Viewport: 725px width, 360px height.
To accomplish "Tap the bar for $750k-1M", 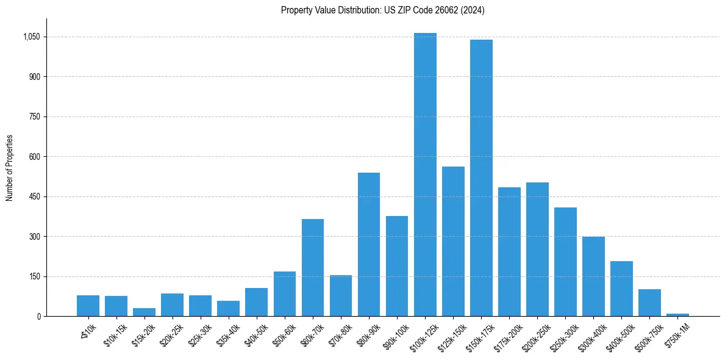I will point(677,314).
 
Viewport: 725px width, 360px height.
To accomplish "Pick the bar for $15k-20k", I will point(144,312).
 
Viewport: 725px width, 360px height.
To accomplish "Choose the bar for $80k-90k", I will point(369,244).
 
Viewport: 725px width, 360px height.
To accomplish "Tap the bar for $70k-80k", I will point(341,295).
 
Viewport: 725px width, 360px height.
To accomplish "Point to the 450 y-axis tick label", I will point(34,196).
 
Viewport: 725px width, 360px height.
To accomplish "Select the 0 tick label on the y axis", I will point(38,316).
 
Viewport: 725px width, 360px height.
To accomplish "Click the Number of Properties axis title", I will point(10,168).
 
